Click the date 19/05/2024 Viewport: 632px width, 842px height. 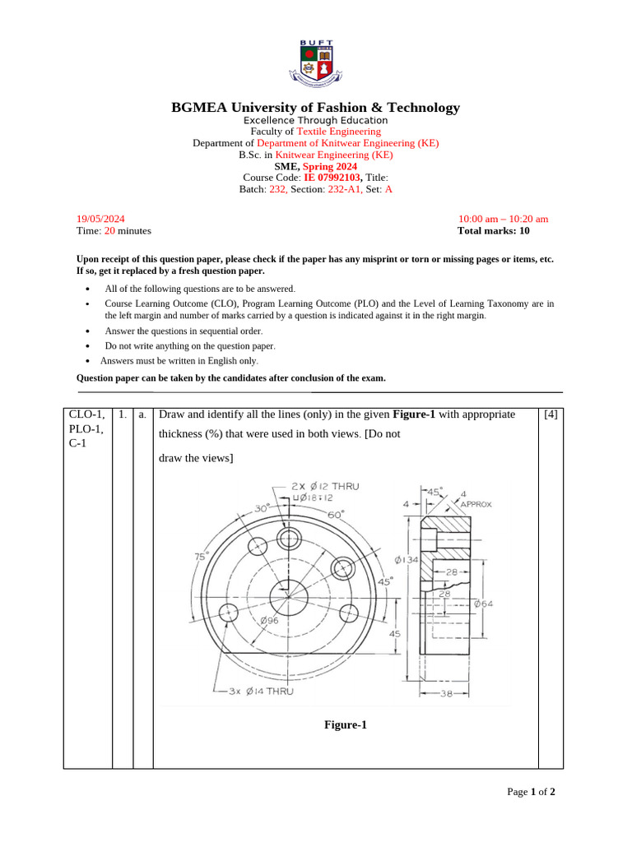[x=100, y=219]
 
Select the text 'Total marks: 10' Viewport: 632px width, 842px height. [x=494, y=231]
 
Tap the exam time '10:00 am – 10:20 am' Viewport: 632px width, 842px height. [x=503, y=219]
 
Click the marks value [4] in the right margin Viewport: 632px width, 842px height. [x=551, y=414]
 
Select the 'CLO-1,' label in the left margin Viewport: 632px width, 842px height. [x=86, y=414]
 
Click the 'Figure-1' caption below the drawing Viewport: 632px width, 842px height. [x=345, y=724]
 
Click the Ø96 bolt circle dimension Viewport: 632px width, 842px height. [x=269, y=621]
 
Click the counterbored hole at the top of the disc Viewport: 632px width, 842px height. [x=289, y=539]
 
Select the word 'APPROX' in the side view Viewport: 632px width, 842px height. [x=475, y=504]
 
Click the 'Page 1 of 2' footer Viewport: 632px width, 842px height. [x=531, y=792]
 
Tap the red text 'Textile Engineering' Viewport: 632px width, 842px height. [x=338, y=132]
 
